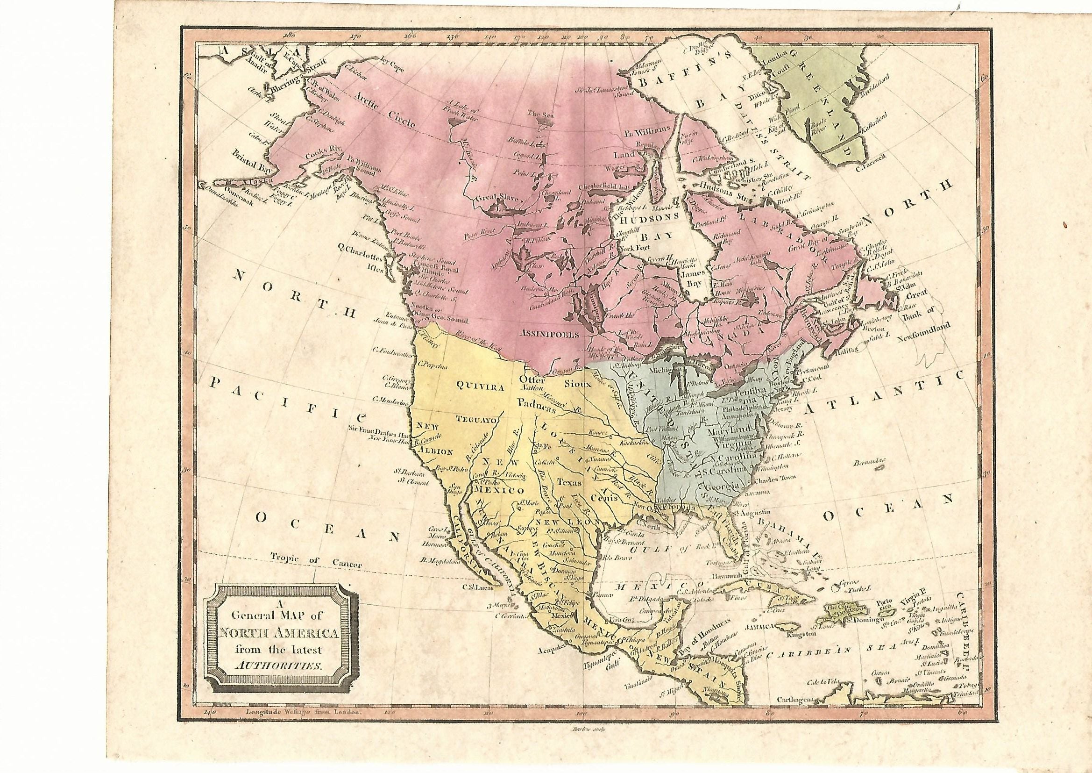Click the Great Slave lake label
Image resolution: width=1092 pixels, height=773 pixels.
click(497, 202)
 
